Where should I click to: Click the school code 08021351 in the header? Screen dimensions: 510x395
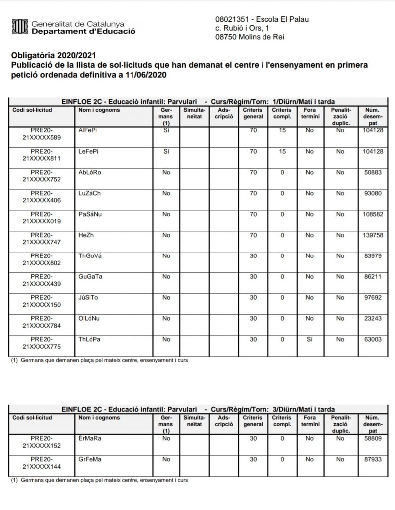click(231, 19)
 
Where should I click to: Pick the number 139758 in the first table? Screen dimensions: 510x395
click(373, 234)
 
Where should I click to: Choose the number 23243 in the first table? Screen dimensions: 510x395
click(373, 318)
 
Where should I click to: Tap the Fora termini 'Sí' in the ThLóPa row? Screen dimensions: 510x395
click(309, 339)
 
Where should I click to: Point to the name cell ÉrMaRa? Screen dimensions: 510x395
click(89, 438)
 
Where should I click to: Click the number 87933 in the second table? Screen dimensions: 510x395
click(373, 459)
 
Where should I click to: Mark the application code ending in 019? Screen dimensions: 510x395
click(42, 217)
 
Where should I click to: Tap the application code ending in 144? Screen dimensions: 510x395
click(42, 463)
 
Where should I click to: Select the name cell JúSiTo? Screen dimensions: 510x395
click(88, 297)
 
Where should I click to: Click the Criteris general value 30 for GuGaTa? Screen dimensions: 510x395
click(253, 276)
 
